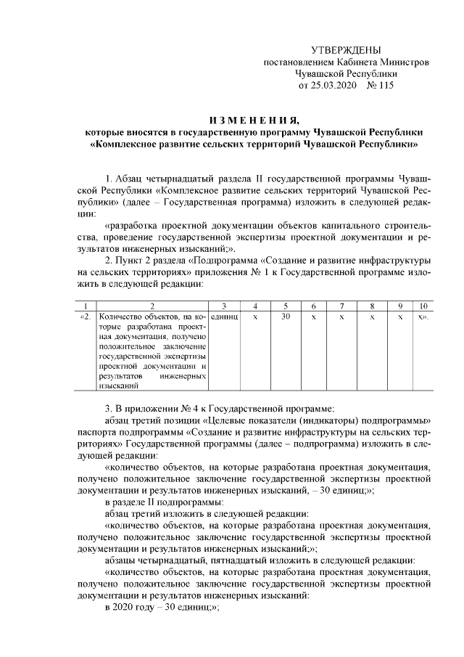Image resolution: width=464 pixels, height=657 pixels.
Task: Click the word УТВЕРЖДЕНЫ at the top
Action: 345,50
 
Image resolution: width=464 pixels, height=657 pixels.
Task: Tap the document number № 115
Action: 378,85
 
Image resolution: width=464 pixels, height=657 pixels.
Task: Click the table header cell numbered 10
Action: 423,307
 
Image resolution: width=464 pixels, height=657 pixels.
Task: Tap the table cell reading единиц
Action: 224,317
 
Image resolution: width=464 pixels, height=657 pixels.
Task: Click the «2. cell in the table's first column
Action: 86,317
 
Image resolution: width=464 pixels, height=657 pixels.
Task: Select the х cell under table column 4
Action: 255,317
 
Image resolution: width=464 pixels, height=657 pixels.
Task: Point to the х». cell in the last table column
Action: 423,317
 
